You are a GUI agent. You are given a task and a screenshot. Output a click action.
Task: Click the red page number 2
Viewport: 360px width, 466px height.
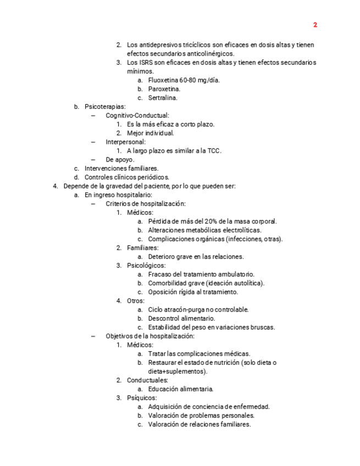[315, 25]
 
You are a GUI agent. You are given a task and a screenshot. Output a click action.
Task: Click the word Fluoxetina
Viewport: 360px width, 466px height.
[163, 80]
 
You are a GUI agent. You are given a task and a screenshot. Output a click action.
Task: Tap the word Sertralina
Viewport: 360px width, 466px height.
[163, 98]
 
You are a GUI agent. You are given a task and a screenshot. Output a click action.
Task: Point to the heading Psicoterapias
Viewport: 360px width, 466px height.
[104, 107]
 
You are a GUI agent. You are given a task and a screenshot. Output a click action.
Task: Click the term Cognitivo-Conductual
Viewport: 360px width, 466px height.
[137, 115]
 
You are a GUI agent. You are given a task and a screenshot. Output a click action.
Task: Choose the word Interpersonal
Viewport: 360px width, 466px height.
[125, 142]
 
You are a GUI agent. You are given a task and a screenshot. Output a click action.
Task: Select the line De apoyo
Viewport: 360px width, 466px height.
[120, 160]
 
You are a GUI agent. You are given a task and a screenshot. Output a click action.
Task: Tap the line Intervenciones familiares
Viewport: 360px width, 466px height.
[121, 169]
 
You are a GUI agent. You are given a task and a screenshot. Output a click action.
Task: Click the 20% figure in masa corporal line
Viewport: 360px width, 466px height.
[211, 221]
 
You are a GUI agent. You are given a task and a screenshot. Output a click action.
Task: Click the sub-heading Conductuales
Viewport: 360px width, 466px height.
[147, 380]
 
